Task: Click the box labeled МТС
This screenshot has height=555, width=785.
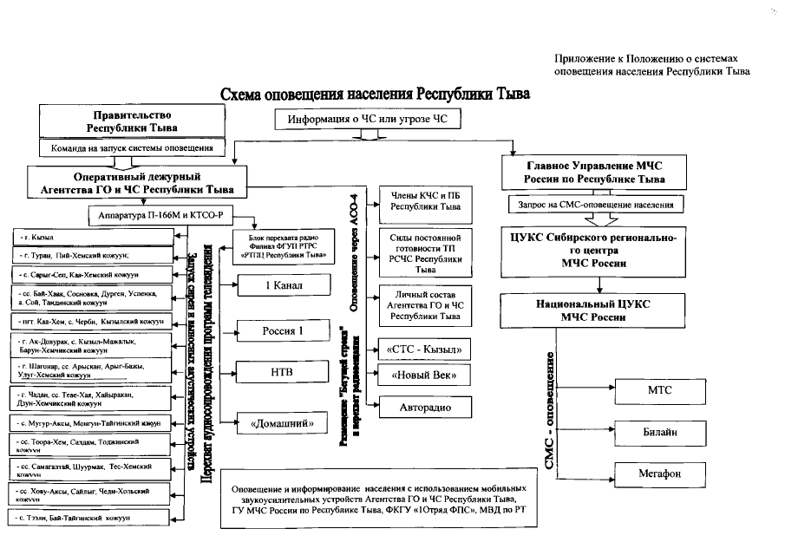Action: (x=658, y=390)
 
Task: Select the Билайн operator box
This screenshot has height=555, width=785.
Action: (x=658, y=432)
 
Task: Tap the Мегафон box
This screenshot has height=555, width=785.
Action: (x=658, y=474)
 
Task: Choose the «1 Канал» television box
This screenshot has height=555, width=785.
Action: (x=272, y=287)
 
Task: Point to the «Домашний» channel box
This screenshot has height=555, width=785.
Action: (x=272, y=422)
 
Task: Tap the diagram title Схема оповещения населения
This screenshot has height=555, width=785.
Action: (x=375, y=93)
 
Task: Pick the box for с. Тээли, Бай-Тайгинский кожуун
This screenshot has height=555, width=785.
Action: (x=91, y=518)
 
